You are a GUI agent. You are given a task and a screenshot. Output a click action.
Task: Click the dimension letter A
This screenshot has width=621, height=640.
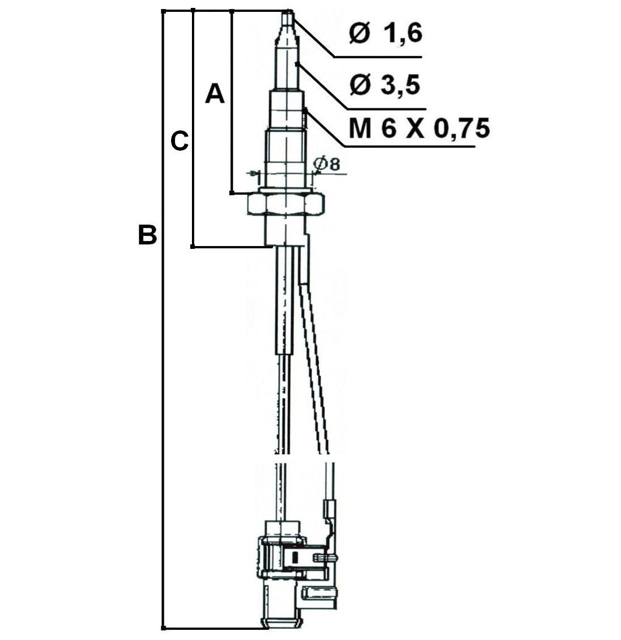pos(215,94)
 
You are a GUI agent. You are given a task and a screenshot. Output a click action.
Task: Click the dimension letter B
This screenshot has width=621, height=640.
pos(147,235)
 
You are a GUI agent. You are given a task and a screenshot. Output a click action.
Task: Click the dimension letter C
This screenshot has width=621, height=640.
pos(179,141)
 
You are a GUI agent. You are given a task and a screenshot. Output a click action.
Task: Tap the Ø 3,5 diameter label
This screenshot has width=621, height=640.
pos(384,86)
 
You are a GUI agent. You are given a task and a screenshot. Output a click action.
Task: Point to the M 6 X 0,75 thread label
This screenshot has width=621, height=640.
pos(418,129)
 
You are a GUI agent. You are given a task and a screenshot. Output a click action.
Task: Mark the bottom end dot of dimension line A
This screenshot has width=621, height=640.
pos(231,193)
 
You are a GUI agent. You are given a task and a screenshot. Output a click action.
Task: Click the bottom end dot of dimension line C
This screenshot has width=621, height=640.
pos(193,247)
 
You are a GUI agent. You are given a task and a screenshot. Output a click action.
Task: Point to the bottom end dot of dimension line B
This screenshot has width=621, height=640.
pos(163,627)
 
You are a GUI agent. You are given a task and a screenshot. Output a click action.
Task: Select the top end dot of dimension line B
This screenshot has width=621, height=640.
pos(163,11)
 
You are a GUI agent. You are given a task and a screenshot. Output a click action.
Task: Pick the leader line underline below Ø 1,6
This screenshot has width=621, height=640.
pos(378,57)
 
